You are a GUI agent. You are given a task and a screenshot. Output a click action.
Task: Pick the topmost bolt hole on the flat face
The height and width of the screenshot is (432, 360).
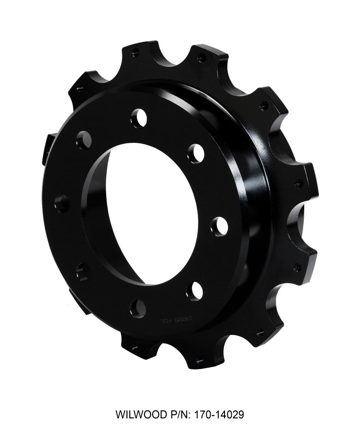[139, 118]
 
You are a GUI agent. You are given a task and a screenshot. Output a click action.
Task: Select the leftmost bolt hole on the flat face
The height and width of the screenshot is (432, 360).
[62, 204]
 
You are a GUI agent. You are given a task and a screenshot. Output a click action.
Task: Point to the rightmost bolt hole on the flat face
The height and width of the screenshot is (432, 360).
[219, 226]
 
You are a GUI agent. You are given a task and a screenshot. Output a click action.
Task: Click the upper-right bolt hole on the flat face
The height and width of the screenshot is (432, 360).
[196, 153]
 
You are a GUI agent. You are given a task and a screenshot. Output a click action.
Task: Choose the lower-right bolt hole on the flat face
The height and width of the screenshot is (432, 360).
[194, 291]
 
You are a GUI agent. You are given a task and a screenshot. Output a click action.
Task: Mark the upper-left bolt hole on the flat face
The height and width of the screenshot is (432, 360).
[84, 140]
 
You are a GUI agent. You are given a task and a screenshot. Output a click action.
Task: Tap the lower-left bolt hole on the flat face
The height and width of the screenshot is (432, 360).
[83, 272]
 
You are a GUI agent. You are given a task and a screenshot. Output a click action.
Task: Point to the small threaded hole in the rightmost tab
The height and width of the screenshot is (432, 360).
[299, 183]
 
